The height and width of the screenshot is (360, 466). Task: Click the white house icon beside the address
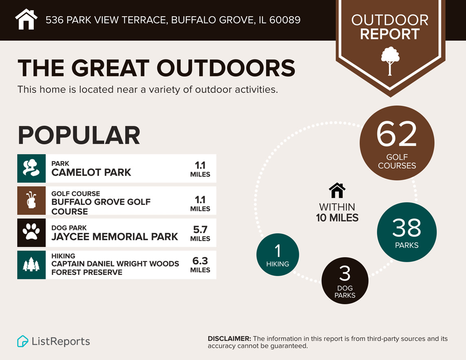(x=26, y=20)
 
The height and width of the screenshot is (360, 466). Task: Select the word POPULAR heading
(x=79, y=135)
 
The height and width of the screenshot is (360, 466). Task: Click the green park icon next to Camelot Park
(x=31, y=168)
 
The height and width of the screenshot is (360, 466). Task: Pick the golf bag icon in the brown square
(x=31, y=201)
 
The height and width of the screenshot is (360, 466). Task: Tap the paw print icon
(x=31, y=233)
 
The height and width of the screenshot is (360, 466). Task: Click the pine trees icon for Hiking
(x=31, y=265)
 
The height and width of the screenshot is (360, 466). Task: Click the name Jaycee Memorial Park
(x=115, y=237)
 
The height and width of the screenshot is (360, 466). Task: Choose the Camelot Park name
(x=91, y=172)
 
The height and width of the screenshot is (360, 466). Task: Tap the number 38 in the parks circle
(x=406, y=228)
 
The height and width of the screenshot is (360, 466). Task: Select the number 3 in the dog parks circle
(x=345, y=274)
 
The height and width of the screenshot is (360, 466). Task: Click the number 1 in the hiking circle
(x=278, y=251)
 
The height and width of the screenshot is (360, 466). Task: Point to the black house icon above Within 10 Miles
(x=337, y=190)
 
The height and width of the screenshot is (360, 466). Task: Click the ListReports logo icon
(x=23, y=341)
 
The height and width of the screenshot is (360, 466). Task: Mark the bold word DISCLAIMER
(x=229, y=339)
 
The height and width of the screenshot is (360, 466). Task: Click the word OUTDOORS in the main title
(x=225, y=68)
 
